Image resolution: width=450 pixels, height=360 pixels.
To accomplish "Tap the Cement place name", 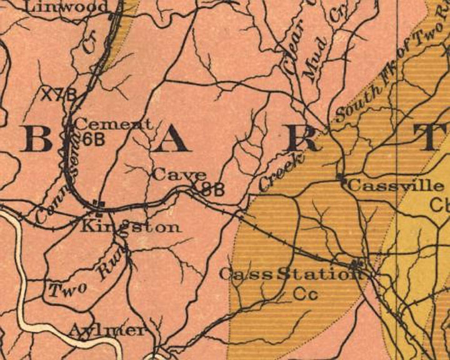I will [113, 124].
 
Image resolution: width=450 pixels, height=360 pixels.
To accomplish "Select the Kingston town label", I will [131, 227].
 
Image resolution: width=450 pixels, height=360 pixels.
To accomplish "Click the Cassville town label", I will [396, 186].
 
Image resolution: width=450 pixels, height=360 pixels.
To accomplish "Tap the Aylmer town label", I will [107, 330].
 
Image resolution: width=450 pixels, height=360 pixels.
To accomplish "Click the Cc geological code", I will [306, 293].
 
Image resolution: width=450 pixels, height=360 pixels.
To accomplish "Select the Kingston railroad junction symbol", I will [96, 203].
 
